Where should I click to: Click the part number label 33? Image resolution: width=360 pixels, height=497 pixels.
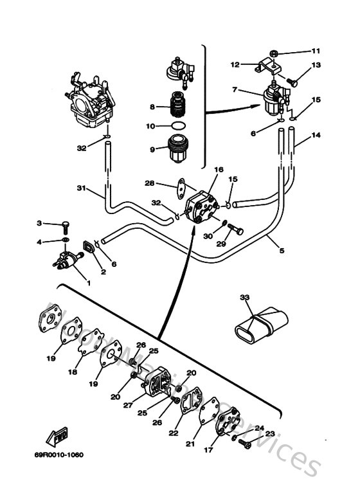tap(244, 297)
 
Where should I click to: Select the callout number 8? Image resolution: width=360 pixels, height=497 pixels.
tap(152, 106)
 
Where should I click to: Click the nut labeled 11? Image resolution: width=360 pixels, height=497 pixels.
tap(274, 51)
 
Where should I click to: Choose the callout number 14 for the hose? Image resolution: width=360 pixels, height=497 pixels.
tap(315, 136)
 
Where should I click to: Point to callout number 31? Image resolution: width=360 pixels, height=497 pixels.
tap(81, 188)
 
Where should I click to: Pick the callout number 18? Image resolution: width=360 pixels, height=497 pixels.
tap(73, 372)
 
